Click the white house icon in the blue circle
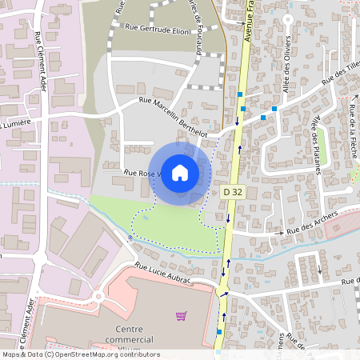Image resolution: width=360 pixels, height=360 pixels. coord(180,172)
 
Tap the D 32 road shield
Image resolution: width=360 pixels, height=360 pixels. coord(232,192)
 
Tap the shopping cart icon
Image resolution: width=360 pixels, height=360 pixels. coord(181,316)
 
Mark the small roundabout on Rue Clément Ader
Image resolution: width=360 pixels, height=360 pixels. coord(99,297)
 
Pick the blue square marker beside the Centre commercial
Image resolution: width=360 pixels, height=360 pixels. coord(218,330)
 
